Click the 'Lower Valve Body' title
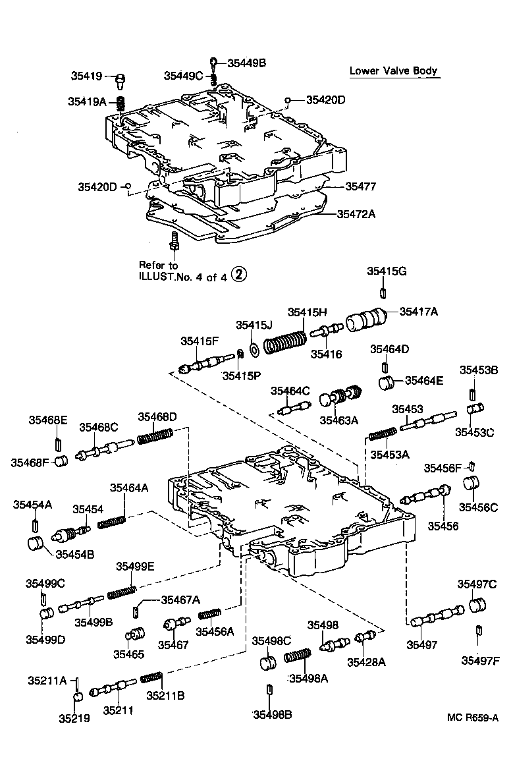point(393,71)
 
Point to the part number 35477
point(358,186)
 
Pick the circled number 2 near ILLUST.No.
point(238,276)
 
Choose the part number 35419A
point(87,101)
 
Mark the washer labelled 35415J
point(253,345)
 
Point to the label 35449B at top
point(246,63)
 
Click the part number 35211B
point(165,695)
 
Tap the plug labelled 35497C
point(478,605)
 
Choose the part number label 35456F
point(443,468)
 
